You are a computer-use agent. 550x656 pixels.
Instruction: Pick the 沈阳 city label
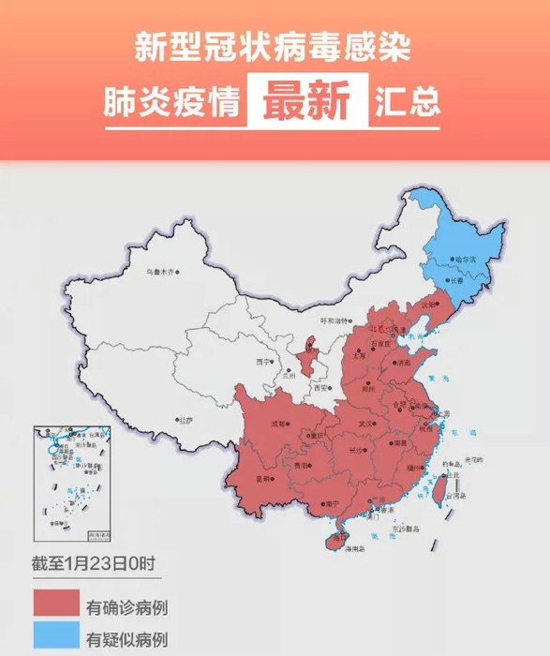(x=430, y=306)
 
